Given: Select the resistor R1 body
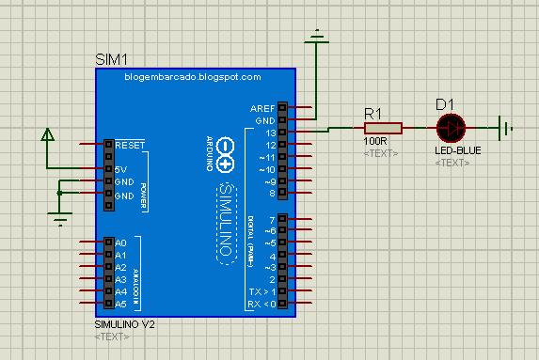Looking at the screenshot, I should point(383,127).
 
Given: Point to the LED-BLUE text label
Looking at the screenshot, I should point(457,150).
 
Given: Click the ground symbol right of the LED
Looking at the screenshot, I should point(507,127).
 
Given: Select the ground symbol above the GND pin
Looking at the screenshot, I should point(318,38).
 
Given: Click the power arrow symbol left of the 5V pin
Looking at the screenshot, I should point(47,136).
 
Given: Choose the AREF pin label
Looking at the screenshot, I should point(263,108).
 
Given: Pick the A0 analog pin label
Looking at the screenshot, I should point(120,243).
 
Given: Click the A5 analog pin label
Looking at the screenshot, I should point(120,304).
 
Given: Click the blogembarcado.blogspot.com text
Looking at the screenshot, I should point(192,77).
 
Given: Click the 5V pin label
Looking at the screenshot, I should point(121,169).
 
